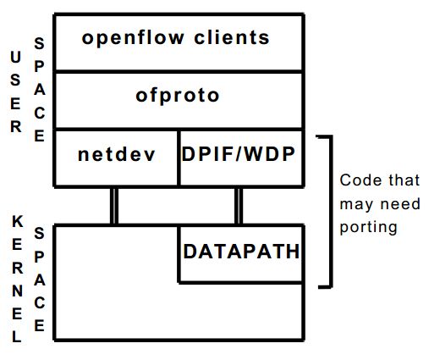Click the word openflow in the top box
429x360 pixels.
pyautogui.click(x=133, y=39)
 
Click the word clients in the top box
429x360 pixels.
pyautogui.click(x=232, y=37)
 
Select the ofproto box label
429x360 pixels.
pyautogui.click(x=178, y=97)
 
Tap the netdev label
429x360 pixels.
pyautogui.click(x=117, y=154)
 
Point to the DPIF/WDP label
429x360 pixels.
pyautogui.click(x=239, y=154)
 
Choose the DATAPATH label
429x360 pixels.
pyautogui.click(x=241, y=251)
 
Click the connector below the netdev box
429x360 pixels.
pyautogui.click(x=114, y=206)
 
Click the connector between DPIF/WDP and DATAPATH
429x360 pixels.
pyautogui.click(x=239, y=206)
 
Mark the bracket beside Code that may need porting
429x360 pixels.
pyautogui.click(x=331, y=212)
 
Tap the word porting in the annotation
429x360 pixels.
pyautogui.click(x=368, y=228)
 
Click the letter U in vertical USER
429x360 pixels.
pyautogui.click(x=15, y=57)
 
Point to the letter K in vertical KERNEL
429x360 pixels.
pyautogui.click(x=17, y=221)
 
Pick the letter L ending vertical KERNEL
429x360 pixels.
pyautogui.click(x=17, y=336)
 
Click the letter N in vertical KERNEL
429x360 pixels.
pyautogui.click(x=17, y=291)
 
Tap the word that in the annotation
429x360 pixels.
pyautogui.click(x=404, y=180)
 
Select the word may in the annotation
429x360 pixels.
pyautogui.click(x=356, y=205)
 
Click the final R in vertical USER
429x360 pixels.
pyautogui.click(x=16, y=126)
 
